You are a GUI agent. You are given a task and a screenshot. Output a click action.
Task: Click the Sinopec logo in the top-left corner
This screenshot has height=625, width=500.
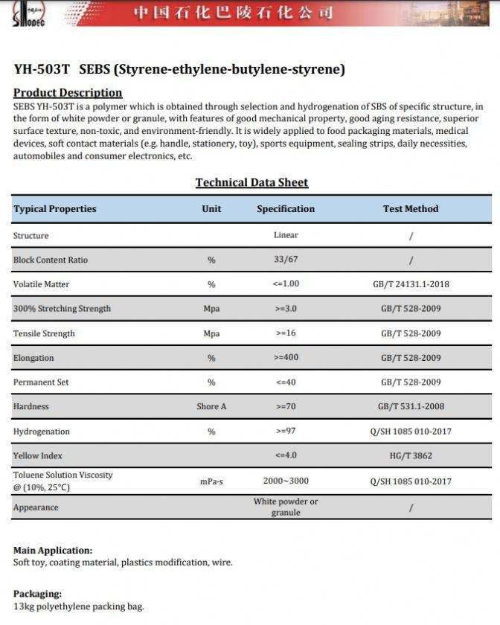tap(29, 13)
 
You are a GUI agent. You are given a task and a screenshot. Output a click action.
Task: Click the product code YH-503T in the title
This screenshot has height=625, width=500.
tap(42, 70)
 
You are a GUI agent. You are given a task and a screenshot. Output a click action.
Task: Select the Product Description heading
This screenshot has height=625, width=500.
tap(68, 93)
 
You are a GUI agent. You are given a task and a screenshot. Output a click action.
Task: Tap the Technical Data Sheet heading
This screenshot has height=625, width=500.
tap(251, 182)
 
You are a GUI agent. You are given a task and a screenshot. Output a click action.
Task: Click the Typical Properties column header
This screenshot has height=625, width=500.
tap(55, 209)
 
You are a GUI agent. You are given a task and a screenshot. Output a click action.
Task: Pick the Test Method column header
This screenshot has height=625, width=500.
tap(411, 209)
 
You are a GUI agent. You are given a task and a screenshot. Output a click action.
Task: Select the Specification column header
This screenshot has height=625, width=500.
tap(286, 209)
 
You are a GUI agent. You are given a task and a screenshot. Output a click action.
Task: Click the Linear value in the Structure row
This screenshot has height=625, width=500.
tap(286, 235)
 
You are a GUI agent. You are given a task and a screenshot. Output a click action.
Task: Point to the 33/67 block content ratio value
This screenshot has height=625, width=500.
tap(286, 260)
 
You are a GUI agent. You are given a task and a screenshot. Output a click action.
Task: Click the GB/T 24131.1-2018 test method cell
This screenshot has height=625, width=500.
tap(411, 284)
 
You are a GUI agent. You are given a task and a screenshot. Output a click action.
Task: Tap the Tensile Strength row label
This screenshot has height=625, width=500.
tap(44, 333)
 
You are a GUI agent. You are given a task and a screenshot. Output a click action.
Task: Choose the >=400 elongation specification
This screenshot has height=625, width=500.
tap(286, 358)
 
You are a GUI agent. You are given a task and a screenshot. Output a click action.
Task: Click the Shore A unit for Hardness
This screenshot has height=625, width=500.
tap(211, 407)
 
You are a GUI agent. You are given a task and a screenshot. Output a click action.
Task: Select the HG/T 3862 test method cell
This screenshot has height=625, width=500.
tap(411, 455)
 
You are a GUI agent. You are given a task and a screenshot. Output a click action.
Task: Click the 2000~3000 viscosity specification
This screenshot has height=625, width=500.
tap(286, 481)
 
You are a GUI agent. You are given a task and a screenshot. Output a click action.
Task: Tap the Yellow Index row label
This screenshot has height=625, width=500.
tap(38, 455)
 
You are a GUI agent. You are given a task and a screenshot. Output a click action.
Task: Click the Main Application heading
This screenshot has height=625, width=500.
tap(53, 551)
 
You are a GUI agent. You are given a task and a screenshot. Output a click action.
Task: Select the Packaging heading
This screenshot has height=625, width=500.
tap(38, 594)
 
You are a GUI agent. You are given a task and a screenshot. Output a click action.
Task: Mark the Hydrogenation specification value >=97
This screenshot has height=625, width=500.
tap(286, 432)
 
